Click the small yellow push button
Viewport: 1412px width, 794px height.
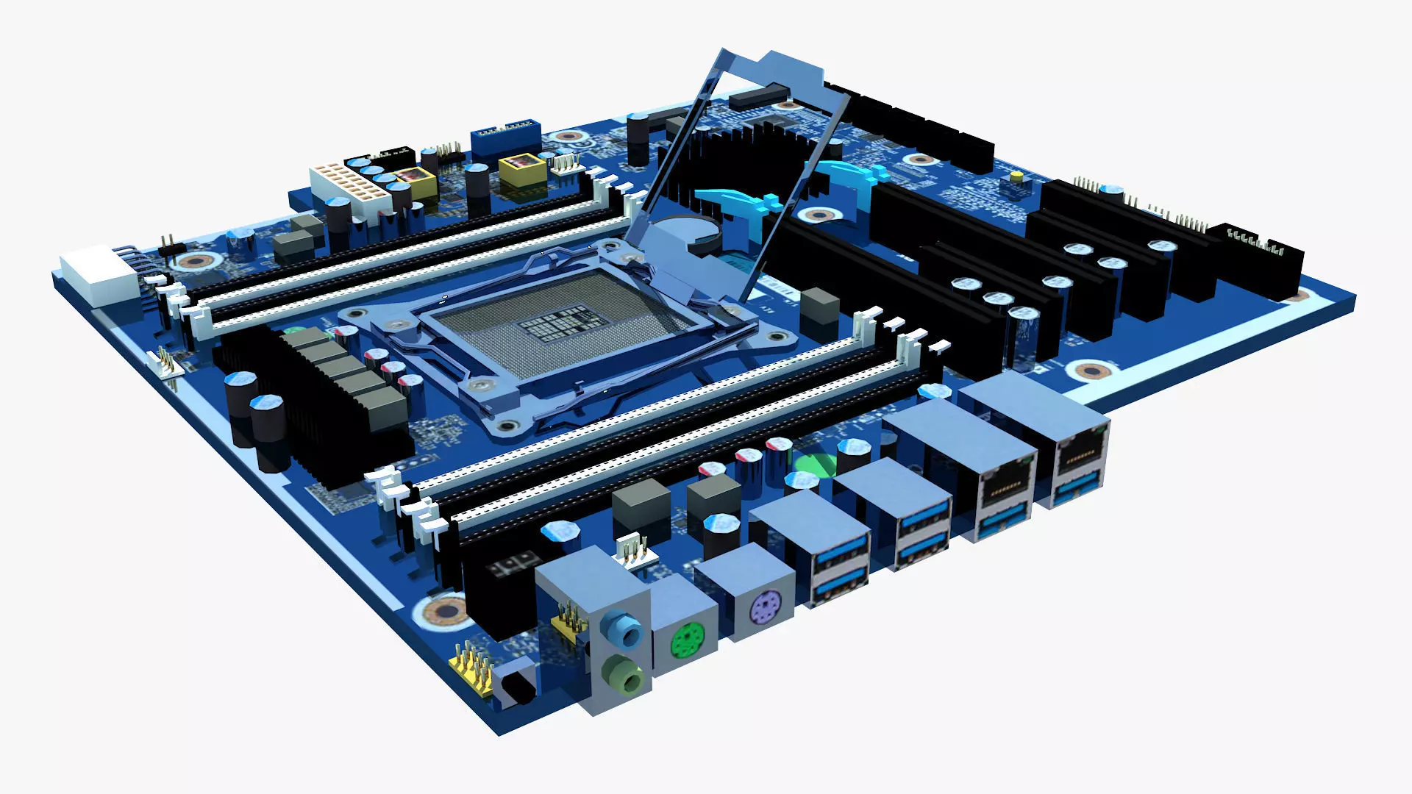point(1016,178)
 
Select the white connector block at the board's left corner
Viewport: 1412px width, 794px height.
point(99,275)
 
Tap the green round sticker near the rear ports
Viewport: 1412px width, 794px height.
point(815,465)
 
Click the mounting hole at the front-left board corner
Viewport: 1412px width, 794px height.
point(445,610)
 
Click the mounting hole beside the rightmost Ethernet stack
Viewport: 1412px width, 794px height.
point(1091,371)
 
